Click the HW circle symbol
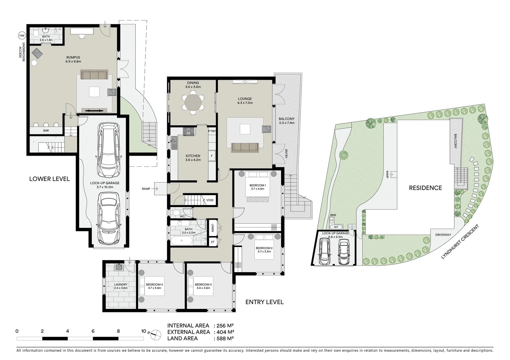pos(22,36)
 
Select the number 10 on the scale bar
pos(143,331)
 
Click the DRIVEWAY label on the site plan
pos(443,235)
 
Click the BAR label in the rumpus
pos(46,131)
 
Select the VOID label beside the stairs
pos(210,200)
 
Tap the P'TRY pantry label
pos(212,131)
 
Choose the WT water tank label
pos(336,227)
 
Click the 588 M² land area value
pos(223,338)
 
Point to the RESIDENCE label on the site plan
pos(425,188)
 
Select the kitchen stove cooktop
pos(189,131)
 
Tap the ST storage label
pos(212,242)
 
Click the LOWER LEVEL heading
pos(49,179)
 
